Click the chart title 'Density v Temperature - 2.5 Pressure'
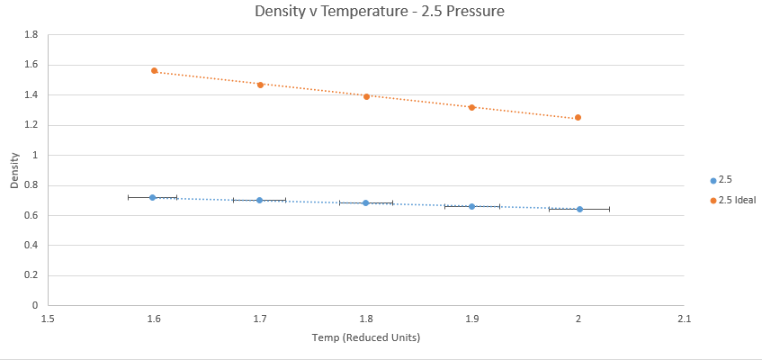point(381,13)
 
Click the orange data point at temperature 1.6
point(155,70)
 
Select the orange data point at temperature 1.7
point(260,85)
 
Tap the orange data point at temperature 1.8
point(366,96)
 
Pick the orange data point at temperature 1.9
point(471,107)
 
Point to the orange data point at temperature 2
point(578,117)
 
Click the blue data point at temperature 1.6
point(153,197)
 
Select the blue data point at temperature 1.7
point(259,200)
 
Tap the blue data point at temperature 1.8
point(365,202)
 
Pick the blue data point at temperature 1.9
point(471,206)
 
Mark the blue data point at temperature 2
point(579,209)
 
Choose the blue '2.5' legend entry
point(725,181)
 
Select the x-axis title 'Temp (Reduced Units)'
point(366,337)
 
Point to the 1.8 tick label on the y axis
point(31,35)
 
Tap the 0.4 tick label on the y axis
point(31,246)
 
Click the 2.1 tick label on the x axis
point(684,318)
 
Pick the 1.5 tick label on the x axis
point(48,318)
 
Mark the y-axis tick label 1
point(35,155)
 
